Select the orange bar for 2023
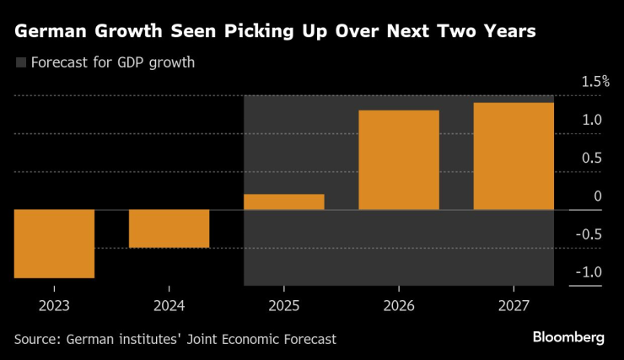tap(54, 244)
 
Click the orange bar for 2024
tap(169, 228)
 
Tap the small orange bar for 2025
tap(284, 201)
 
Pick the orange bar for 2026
tap(399, 160)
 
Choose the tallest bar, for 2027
tap(514, 156)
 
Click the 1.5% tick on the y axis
tap(594, 82)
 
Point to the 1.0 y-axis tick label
tap(592, 120)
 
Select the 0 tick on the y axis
tap(598, 196)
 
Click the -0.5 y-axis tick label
tap(590, 234)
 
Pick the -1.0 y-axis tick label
tap(590, 271)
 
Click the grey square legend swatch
tap(20, 62)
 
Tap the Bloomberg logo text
tap(568, 337)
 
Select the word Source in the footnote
tap(37, 339)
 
